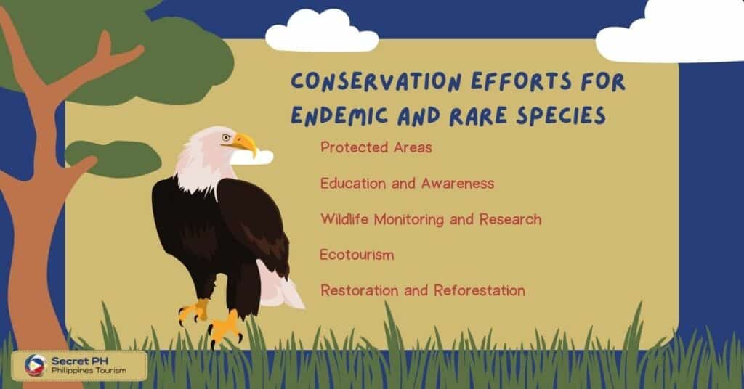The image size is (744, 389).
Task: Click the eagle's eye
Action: (x=227, y=138)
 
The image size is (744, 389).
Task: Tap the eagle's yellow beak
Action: (x=246, y=143)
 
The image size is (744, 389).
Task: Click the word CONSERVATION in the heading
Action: (x=376, y=81)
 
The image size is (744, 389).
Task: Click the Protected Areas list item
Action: (x=376, y=147)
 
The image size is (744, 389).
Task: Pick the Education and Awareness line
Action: (x=407, y=184)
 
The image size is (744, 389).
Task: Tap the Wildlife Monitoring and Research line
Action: (x=431, y=219)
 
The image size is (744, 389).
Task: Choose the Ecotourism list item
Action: (x=357, y=255)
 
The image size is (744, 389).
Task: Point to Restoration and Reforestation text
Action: (x=423, y=290)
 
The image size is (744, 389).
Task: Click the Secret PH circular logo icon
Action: (x=36, y=365)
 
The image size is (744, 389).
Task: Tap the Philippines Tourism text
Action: (x=89, y=371)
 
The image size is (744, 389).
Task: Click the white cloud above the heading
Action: (x=322, y=30)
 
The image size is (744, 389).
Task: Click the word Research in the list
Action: (x=510, y=219)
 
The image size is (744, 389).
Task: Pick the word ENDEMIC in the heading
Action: (x=339, y=115)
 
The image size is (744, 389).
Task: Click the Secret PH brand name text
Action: (x=80, y=361)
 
